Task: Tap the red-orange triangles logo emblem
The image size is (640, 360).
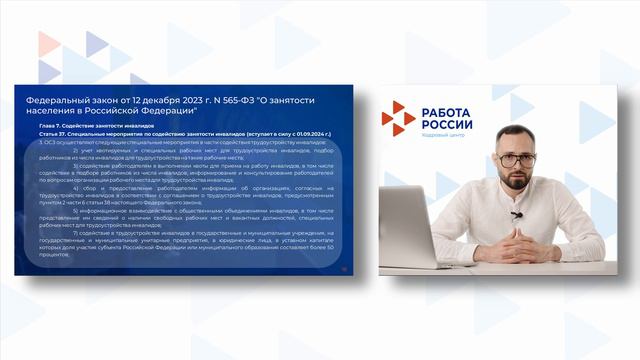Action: (x=398, y=118)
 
